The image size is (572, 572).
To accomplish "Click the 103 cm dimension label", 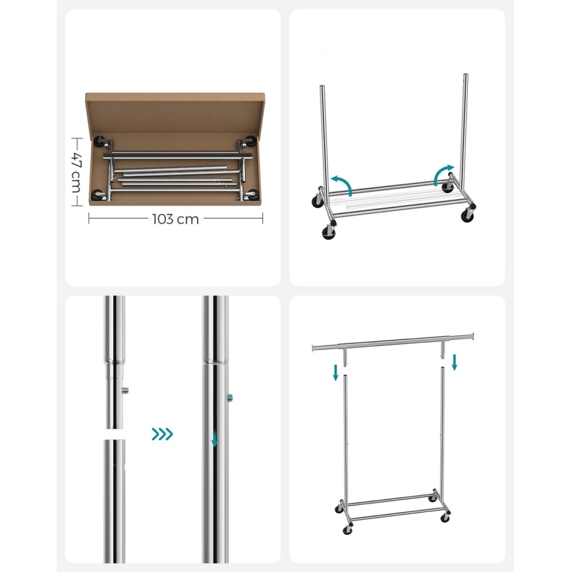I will (175, 219).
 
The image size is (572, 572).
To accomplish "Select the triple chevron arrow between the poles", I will (162, 434).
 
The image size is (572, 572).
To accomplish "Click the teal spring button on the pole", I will (230, 397).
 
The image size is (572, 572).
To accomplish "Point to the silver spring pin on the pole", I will (126, 390).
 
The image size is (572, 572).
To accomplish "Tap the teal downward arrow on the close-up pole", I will (214, 438).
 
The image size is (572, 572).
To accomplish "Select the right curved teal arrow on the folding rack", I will (443, 174).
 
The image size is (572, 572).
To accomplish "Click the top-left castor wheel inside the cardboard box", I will (103, 141).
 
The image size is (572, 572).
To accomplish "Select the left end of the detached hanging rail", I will (314, 347).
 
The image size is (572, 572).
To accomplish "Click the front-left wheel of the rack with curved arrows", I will (328, 233).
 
